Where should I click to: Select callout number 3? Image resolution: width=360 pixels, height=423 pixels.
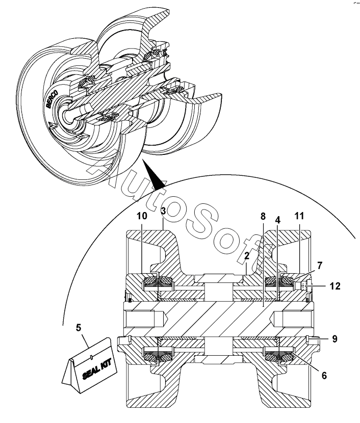click(x=163, y=211)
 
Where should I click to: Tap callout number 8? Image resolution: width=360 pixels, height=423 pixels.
click(x=263, y=216)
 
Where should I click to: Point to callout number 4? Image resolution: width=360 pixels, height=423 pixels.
click(x=278, y=220)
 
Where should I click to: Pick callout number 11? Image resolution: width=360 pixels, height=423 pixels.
click(x=299, y=216)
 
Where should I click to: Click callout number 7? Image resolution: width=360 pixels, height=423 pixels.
click(x=320, y=266)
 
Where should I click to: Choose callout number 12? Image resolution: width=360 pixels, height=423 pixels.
click(x=335, y=286)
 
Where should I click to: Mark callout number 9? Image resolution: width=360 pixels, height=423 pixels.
click(x=335, y=339)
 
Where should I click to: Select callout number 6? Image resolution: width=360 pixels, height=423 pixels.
click(x=324, y=375)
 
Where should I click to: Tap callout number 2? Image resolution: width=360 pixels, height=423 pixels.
click(x=247, y=256)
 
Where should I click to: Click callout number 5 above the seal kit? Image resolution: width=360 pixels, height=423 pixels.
click(x=78, y=328)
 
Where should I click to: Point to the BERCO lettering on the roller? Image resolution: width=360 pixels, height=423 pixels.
click(x=52, y=99)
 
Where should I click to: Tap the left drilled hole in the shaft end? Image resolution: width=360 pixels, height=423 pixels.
click(x=146, y=319)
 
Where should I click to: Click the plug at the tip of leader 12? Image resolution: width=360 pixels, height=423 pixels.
click(x=307, y=286)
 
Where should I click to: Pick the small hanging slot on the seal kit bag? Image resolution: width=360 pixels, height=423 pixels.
click(x=91, y=357)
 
